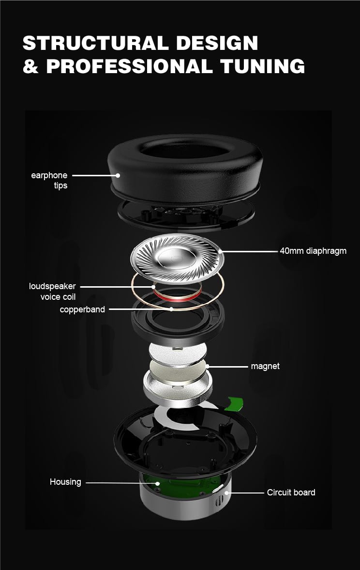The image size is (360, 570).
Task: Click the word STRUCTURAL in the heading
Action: pos(95,43)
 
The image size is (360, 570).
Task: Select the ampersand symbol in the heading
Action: pos(30,66)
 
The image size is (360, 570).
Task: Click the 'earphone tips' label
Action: pos(49,180)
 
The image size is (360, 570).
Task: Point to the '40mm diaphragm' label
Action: pos(313,251)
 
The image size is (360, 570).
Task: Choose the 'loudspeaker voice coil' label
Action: pos(52,292)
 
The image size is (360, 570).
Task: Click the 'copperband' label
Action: pos(82,309)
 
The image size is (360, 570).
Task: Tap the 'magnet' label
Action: pos(265,366)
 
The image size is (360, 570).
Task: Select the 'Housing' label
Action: pos(65,482)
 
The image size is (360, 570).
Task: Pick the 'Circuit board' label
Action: pos(291,492)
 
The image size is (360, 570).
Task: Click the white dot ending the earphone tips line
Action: pos(118,175)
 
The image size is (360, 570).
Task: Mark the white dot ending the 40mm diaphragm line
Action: pos(220,251)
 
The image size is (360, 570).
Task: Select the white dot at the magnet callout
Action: pos(208,367)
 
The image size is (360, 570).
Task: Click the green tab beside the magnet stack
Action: pos(235,403)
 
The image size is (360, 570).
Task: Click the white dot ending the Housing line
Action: pos(158,483)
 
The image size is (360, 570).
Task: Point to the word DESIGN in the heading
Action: pos(217,43)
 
